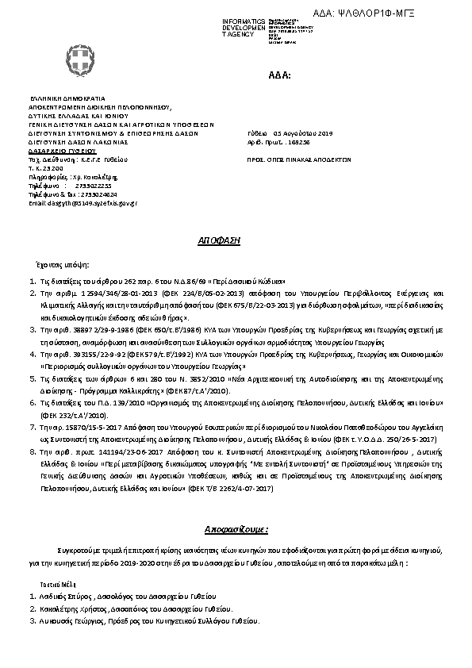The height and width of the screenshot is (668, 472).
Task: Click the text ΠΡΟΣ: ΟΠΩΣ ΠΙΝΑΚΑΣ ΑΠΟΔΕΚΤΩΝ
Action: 299,159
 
